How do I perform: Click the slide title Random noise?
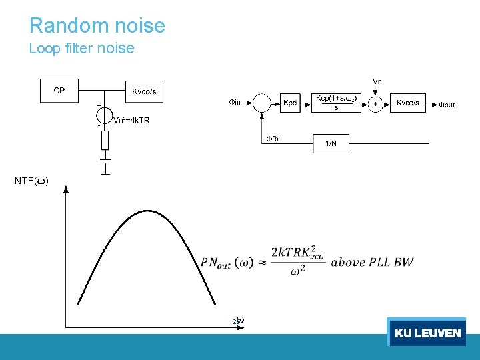coord(97,26)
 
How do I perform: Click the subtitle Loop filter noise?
coord(82,49)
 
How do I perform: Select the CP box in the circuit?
coord(59,91)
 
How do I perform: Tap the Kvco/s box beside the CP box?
coord(144,91)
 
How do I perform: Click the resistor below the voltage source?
coord(105,140)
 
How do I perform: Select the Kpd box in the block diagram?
coord(291,103)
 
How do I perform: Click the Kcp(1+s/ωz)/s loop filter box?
coord(336,103)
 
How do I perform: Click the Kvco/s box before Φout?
coord(408,103)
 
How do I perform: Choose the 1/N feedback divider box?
coord(331,143)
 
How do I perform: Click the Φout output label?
coord(447,105)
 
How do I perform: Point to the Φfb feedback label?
coord(273,139)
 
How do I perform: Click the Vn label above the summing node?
coord(377,81)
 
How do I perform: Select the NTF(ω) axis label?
coord(31,181)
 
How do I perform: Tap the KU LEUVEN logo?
coord(427,333)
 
